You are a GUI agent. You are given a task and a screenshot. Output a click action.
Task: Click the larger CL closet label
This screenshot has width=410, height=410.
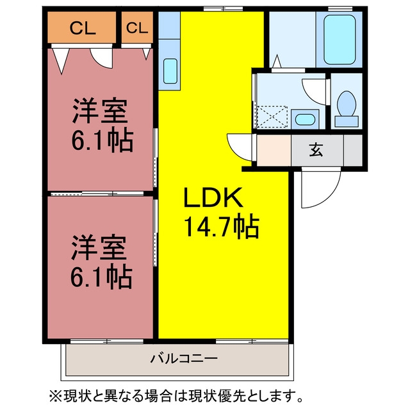click(x=83, y=28)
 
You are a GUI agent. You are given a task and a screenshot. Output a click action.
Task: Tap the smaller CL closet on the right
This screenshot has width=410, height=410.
click(x=137, y=27)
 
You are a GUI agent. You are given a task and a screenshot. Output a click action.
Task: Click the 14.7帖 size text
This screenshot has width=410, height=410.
click(x=222, y=226)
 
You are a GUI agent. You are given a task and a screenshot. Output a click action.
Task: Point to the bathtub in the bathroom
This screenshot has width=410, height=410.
click(x=340, y=40)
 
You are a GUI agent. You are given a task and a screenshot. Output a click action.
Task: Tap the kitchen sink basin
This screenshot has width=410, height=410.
click(x=170, y=71)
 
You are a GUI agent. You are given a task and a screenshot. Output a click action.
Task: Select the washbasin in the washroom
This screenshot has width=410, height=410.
click(x=305, y=120)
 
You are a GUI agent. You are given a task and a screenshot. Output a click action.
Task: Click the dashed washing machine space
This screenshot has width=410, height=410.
click(x=272, y=117)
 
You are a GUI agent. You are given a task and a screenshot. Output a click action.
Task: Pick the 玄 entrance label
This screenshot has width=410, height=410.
click(x=316, y=150)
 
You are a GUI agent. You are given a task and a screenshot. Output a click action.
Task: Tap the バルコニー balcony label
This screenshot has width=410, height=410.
click(x=184, y=358)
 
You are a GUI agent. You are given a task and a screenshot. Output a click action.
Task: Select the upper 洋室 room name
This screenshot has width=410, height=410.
click(x=100, y=111)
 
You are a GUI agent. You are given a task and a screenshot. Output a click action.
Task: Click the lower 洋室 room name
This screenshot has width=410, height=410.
click(x=99, y=248)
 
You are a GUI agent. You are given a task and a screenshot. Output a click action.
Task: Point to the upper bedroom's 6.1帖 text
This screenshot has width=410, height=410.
click(x=102, y=140)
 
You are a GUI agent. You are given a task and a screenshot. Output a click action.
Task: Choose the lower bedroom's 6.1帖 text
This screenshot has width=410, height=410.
click(x=101, y=276)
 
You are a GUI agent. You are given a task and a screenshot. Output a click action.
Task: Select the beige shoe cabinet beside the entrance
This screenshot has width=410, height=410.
click(x=274, y=150)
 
